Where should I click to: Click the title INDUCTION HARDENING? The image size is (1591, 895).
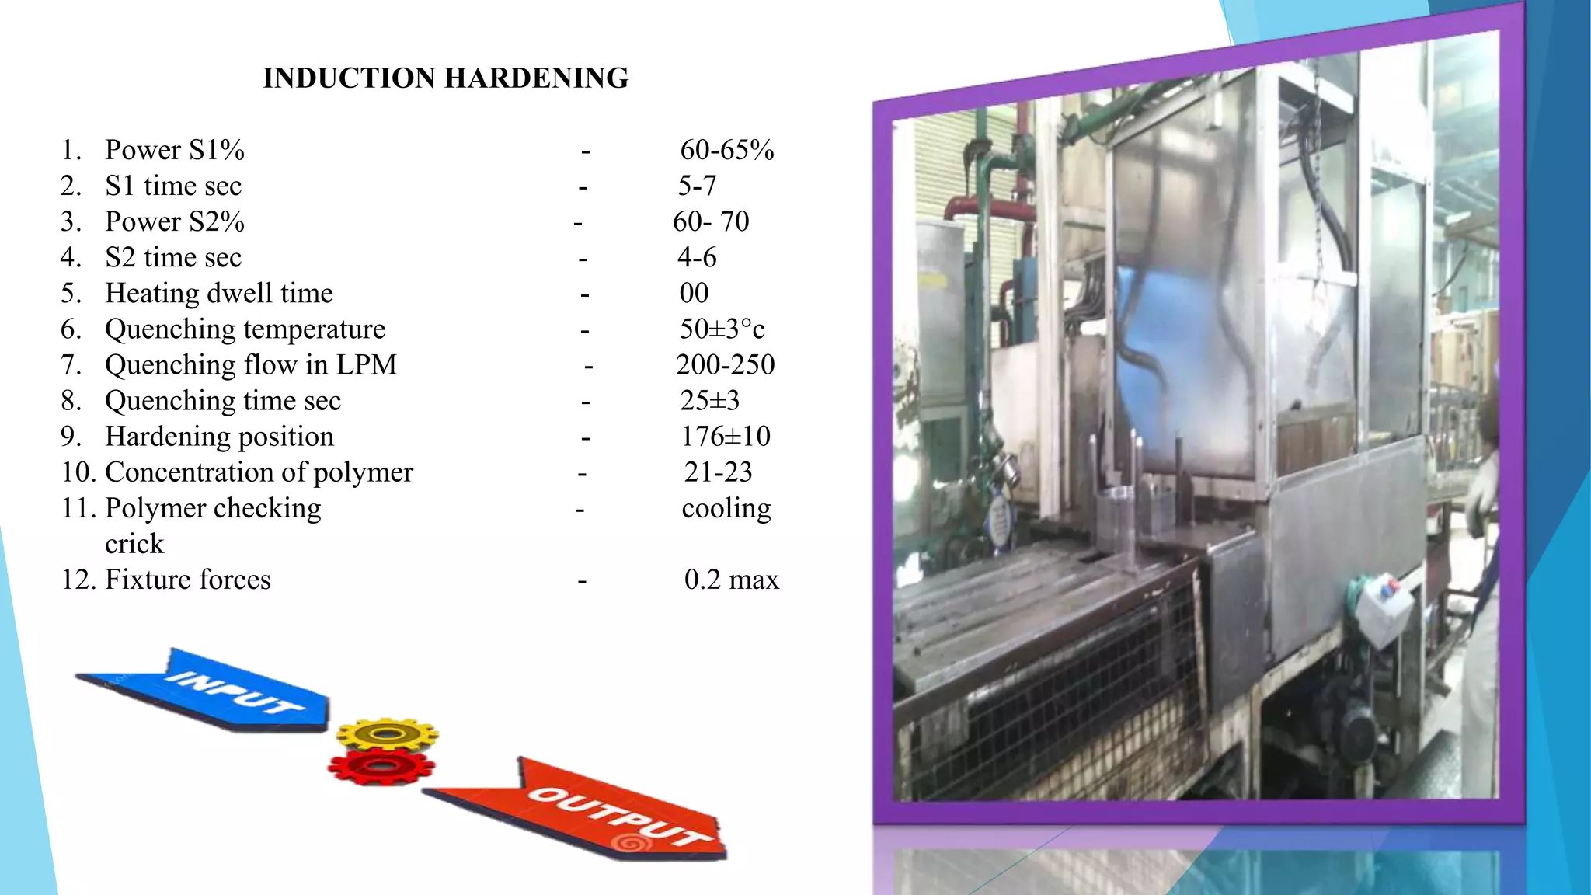click(x=445, y=78)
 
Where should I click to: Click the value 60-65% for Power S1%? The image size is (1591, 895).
click(x=727, y=150)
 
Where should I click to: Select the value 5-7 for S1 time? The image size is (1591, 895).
click(x=697, y=186)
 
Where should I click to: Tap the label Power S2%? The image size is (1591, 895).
click(x=175, y=221)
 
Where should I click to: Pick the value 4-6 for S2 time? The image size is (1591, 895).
click(x=697, y=257)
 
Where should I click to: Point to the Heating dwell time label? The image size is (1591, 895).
click(x=219, y=293)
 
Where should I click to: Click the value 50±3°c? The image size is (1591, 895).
click(x=722, y=329)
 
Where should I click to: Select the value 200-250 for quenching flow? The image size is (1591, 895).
click(x=725, y=364)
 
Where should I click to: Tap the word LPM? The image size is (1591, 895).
click(x=366, y=364)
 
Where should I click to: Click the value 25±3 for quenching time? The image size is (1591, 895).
click(x=709, y=400)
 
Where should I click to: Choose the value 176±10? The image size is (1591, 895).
click(x=726, y=436)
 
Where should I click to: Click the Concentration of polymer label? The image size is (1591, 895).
click(x=259, y=472)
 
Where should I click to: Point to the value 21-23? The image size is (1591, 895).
click(x=718, y=472)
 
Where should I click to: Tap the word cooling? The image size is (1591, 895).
click(x=726, y=508)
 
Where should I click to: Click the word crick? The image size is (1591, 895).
click(x=134, y=544)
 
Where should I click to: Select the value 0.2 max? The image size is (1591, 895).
click(x=731, y=580)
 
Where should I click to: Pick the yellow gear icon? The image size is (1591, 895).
click(x=387, y=733)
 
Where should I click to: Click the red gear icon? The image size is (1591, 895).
click(x=381, y=768)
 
